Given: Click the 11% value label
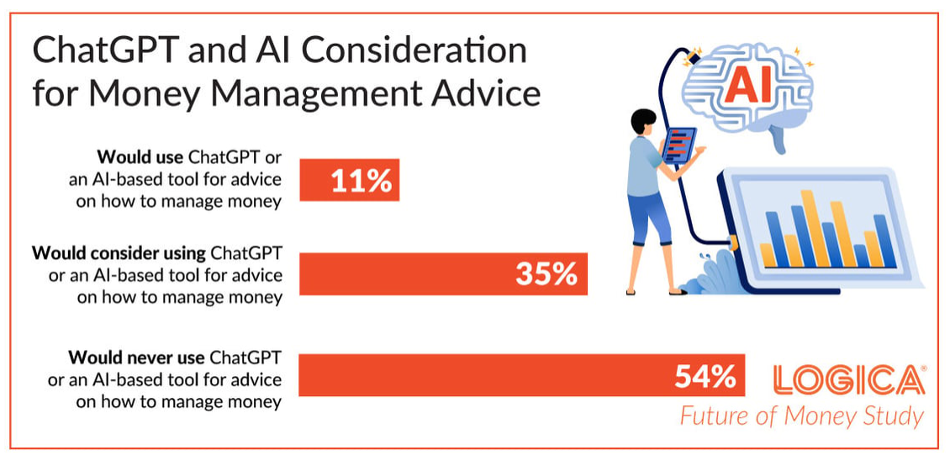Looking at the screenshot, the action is pos(362,181).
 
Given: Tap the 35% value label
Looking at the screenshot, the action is pos(546,274).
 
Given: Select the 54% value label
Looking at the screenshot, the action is pos(705,377).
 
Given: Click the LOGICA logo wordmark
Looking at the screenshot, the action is pos(850,380).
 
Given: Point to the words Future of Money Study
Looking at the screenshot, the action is pos(801,417).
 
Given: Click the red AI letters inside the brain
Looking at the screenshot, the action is pos(747,86).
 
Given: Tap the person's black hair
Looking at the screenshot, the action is pos(643,120).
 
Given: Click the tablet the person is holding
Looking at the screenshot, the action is pos(678,145).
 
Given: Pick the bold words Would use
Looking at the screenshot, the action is pos(140,157).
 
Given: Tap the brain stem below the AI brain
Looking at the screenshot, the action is pos(779,140).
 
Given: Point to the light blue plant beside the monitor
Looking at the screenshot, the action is pos(710,272).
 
